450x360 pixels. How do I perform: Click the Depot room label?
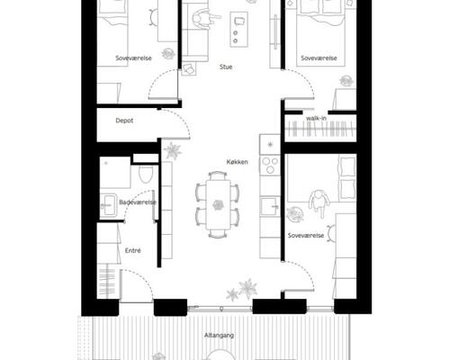(x=124, y=121)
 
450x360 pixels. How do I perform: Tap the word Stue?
(x=226, y=67)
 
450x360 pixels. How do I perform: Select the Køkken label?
(x=237, y=162)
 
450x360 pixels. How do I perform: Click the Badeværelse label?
(x=138, y=202)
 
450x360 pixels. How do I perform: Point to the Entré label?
(x=132, y=250)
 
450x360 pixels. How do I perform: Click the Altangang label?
(x=219, y=336)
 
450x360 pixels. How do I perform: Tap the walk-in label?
(x=316, y=118)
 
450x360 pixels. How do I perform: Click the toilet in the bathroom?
(x=146, y=174)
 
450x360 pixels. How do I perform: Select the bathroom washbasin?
(x=108, y=205)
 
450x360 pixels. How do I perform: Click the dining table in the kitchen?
(x=218, y=204)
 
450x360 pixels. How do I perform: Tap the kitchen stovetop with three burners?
(x=270, y=165)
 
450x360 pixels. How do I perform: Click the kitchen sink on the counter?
(x=270, y=206)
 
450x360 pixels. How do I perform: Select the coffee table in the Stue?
(x=238, y=29)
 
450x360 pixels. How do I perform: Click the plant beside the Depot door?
(x=173, y=150)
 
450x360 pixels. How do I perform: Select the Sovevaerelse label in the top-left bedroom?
(x=133, y=58)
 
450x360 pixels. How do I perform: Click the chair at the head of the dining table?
(x=218, y=175)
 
